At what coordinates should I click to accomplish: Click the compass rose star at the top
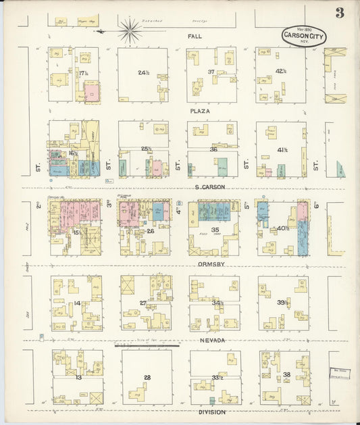coord(130,30)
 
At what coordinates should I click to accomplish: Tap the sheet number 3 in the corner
coord(339,13)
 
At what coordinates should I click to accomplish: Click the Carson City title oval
coord(304,36)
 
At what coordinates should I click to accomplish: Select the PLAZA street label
coord(199,110)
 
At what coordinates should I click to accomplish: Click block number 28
coord(146,377)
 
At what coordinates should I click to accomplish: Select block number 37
coord(211,72)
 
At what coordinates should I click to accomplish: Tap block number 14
coord(77,303)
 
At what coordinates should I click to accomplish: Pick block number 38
coord(286,374)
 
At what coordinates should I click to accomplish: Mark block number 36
coord(213,149)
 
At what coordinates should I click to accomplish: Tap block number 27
coord(143,303)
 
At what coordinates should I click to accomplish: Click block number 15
coord(76,232)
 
